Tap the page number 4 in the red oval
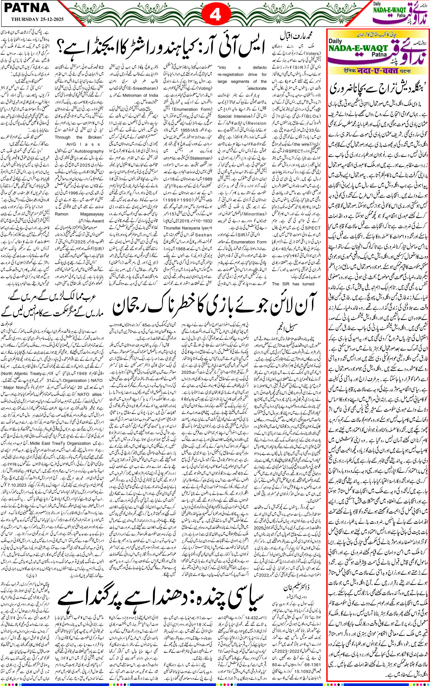click(x=215, y=14)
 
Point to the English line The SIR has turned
click(x=293, y=284)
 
